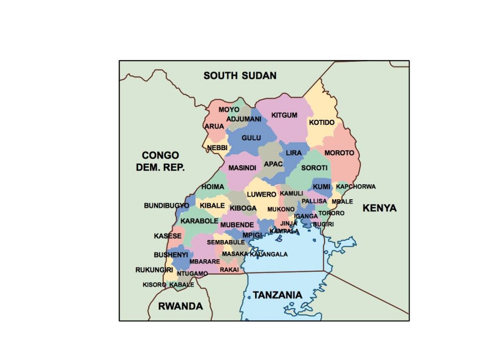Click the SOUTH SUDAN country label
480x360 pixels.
(240, 75)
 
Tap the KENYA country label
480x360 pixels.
(380, 208)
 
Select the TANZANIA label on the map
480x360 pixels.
(277, 295)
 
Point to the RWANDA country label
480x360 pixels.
(180, 307)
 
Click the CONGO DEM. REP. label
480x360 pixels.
(161, 161)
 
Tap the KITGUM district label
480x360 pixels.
(284, 115)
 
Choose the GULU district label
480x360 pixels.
(251, 138)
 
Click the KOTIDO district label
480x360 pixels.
(322, 122)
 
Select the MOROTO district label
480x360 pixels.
(339, 153)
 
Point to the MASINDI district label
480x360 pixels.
(242, 168)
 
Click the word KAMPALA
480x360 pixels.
(284, 231)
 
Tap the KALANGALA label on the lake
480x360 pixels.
(269, 254)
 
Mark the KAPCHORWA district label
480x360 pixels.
(356, 187)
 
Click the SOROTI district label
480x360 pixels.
(314, 168)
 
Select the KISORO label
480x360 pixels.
(154, 285)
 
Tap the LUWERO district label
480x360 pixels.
(262, 194)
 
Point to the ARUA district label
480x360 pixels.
(214, 126)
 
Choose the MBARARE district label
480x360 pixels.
(205, 262)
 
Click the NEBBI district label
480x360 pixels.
(217, 148)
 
